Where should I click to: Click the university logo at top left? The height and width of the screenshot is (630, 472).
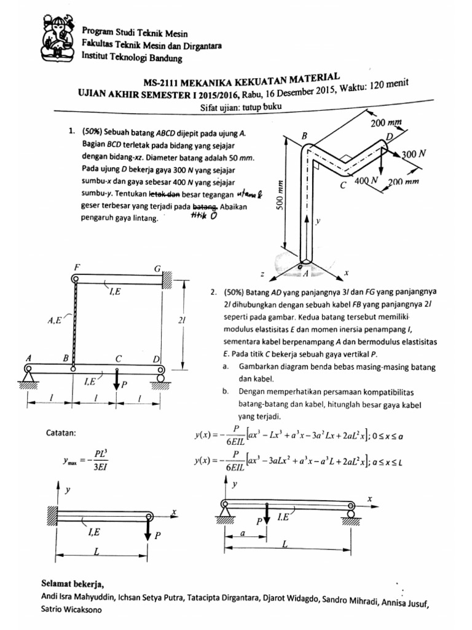point(59,39)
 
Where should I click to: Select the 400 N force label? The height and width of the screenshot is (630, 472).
point(368,181)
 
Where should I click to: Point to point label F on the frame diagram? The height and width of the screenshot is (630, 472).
point(76,268)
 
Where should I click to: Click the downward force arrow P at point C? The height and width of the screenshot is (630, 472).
point(118,380)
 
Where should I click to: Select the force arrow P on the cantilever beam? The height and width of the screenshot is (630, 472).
point(148,528)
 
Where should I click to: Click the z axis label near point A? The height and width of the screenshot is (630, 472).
point(262,274)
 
